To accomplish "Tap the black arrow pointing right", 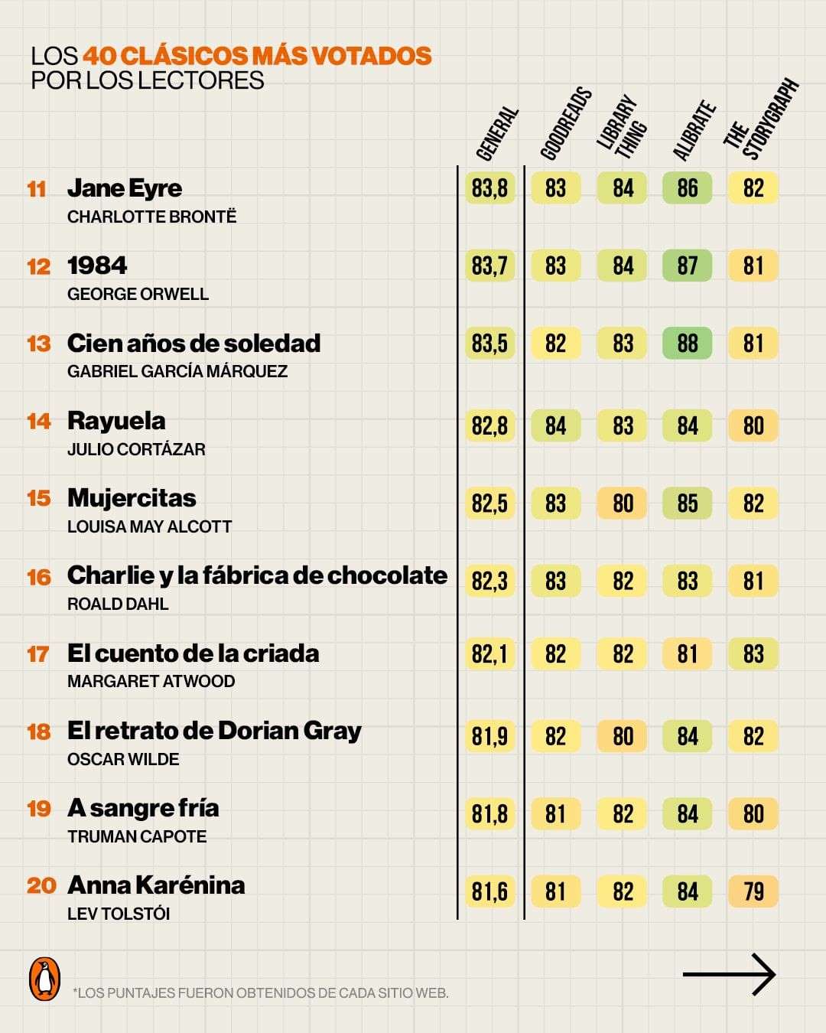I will tap(729, 974).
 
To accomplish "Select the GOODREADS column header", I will tap(566, 125).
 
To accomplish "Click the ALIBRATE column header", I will tap(694, 131).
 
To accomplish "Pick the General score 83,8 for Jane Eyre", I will tap(489, 188).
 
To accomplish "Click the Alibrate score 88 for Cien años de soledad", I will tap(687, 344).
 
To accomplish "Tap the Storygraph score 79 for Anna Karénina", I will tap(753, 891).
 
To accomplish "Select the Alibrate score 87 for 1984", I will tap(687, 266).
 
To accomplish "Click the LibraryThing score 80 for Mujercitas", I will tap(623, 503).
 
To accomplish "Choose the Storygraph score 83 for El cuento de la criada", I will tap(753, 654).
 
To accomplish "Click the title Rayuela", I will tap(116, 421).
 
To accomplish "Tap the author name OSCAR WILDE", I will tap(123, 759).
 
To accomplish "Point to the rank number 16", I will tap(39, 577).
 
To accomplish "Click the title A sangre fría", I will tap(143, 808).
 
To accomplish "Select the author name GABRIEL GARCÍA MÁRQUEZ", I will tap(177, 371).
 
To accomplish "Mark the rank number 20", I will tap(41, 885).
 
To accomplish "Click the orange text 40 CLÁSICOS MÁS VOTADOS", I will tap(257, 56).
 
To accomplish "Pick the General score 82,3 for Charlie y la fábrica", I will tap(489, 582).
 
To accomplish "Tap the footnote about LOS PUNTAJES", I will tap(262, 993).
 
